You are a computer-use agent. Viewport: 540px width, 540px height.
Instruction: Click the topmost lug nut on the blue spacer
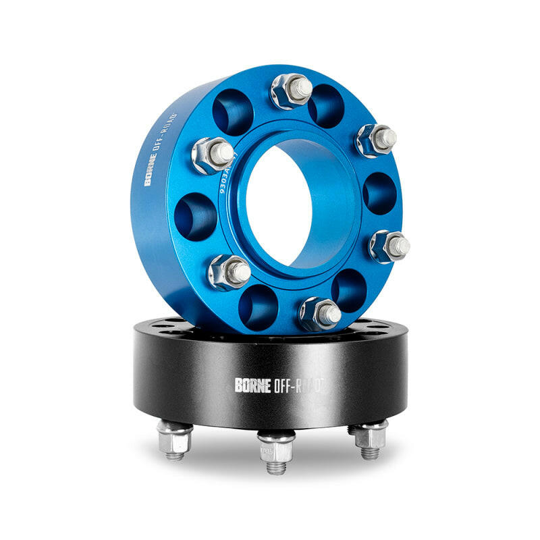click(x=292, y=90)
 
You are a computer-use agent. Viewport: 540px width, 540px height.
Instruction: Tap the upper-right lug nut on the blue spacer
click(x=376, y=140)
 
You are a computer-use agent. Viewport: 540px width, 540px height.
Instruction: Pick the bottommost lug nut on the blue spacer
click(x=320, y=313)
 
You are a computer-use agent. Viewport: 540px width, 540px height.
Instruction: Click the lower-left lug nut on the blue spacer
click(x=230, y=271)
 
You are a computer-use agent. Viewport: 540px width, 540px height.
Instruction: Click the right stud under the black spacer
click(x=370, y=437)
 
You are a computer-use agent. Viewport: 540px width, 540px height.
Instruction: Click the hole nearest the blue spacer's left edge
click(x=195, y=216)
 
